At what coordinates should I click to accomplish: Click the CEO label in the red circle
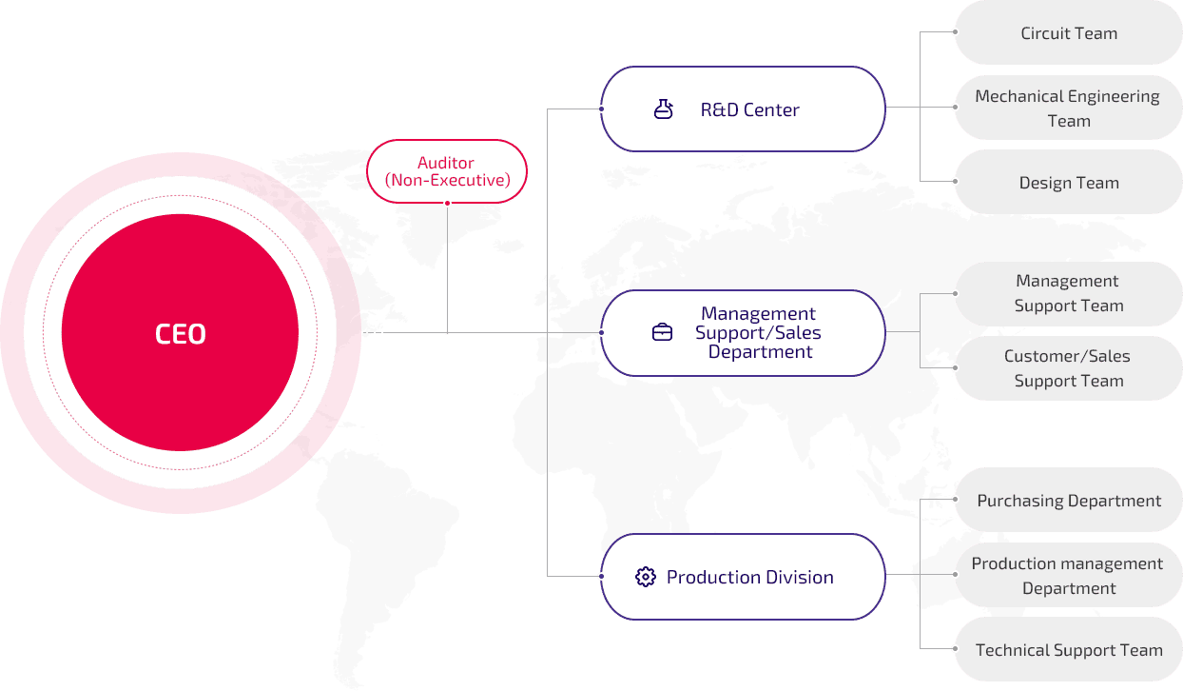point(180,334)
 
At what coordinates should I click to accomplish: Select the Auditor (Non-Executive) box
point(447,171)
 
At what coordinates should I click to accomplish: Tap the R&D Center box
point(743,109)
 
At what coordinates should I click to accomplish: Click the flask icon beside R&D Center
point(663,109)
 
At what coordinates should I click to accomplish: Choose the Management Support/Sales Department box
point(743,333)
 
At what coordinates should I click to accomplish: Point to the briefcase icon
point(662,332)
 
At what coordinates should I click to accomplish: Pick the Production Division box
point(743,577)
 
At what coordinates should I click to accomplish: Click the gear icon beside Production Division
point(646,577)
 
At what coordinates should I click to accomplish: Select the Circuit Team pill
point(1068,33)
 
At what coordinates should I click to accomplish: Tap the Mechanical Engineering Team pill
point(1068,109)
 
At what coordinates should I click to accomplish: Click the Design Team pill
point(1068,183)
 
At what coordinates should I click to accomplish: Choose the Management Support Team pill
point(1068,293)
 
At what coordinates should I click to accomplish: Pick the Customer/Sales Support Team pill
point(1068,368)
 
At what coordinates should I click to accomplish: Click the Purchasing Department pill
point(1068,501)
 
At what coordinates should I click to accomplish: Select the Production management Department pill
point(1068,576)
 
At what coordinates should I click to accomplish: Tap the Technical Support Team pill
point(1068,650)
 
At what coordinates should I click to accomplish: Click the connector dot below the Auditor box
point(447,203)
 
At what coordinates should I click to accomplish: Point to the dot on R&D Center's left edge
point(601,109)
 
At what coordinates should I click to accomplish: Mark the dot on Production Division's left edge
point(601,576)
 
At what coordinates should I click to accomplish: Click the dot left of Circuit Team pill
point(954,32)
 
